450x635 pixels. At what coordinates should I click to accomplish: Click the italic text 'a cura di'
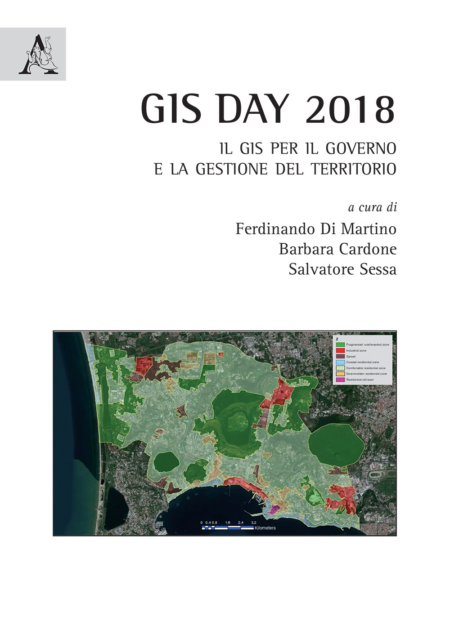click(x=372, y=207)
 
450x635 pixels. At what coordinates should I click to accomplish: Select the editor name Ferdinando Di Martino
click(x=316, y=229)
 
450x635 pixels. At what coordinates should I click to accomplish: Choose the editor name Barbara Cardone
click(x=337, y=249)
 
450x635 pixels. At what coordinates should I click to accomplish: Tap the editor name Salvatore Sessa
click(x=342, y=269)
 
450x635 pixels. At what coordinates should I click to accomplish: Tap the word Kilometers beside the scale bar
click(x=265, y=528)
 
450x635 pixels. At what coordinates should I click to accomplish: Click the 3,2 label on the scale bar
click(x=253, y=522)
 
